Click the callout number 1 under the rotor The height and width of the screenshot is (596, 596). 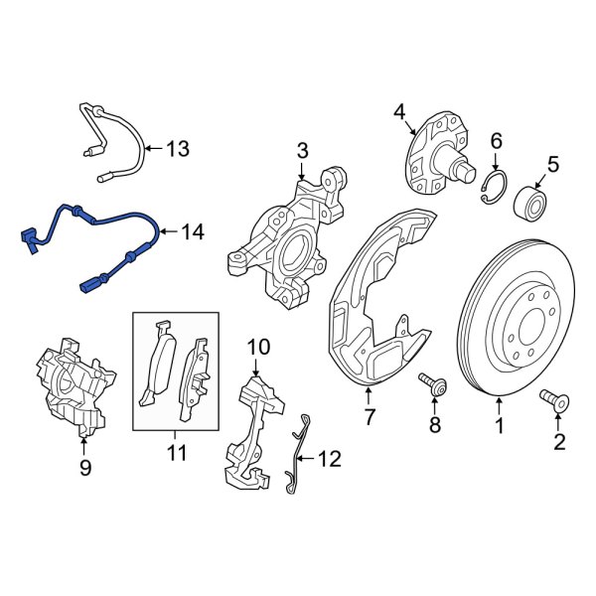pyautogui.click(x=500, y=427)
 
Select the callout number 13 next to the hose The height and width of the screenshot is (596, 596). pyautogui.click(x=176, y=150)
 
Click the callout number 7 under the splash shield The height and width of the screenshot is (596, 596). pyautogui.click(x=369, y=417)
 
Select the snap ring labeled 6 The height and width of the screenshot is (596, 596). pyautogui.click(x=495, y=189)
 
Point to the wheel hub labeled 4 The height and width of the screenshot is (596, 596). pyautogui.click(x=436, y=154)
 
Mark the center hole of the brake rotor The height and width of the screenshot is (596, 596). pyautogui.click(x=524, y=320)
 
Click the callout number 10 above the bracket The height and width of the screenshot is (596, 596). pyautogui.click(x=257, y=347)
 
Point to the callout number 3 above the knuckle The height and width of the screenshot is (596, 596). pyautogui.click(x=303, y=151)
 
